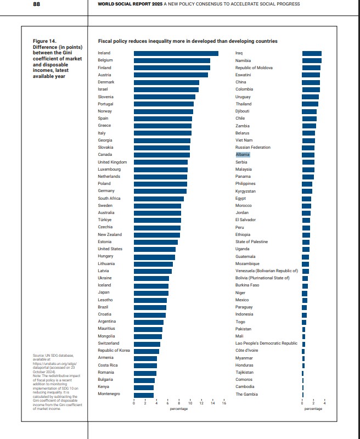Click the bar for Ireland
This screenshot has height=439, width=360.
pos(176,53)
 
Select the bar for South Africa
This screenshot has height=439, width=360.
pos(159,199)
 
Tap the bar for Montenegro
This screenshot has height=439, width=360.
pos(144,394)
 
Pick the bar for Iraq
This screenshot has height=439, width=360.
pos(312,53)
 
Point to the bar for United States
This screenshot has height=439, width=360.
pos(154,249)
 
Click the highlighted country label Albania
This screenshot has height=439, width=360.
pos(243,155)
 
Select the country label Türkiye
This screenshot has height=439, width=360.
pos(105,220)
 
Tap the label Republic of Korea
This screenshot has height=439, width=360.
pos(114,351)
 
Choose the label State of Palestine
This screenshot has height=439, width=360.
pos(251,242)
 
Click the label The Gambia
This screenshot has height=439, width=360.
pos(246,394)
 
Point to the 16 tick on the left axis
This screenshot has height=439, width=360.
pos(224,404)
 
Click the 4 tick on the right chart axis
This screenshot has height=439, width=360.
pos(325,404)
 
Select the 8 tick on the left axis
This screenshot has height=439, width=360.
pos(179,404)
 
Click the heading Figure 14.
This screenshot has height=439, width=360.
pos(44,41)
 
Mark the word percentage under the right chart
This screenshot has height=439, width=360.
pos(313,409)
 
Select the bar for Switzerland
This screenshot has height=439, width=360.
pos(147,344)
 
